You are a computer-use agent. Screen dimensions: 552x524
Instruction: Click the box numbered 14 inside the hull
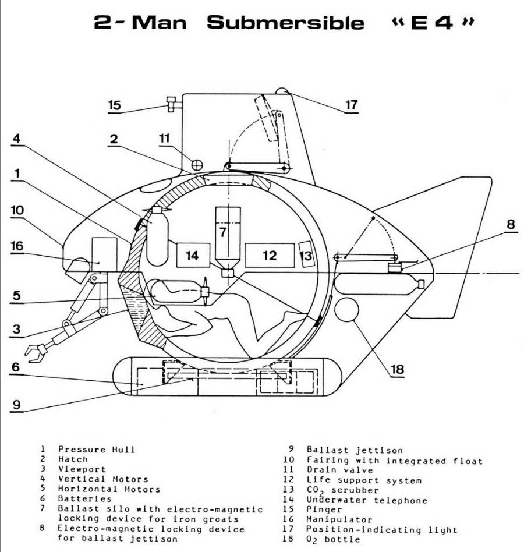[x=192, y=254]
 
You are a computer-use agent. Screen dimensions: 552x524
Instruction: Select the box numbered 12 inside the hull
[x=269, y=255]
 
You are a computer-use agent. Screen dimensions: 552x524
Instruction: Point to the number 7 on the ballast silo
[x=222, y=232]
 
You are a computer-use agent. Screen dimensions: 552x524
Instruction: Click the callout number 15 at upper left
[x=115, y=105]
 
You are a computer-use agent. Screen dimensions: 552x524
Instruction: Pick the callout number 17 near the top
[x=350, y=105]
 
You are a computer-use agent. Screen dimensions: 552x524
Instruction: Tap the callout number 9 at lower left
[x=17, y=404]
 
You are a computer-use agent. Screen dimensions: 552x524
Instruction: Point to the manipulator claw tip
[x=34, y=352]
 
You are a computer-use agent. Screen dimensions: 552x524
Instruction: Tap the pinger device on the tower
[x=172, y=104]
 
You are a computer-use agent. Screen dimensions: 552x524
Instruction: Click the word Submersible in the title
[x=286, y=23]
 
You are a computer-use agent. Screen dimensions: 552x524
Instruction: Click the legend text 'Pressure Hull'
[x=96, y=449]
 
